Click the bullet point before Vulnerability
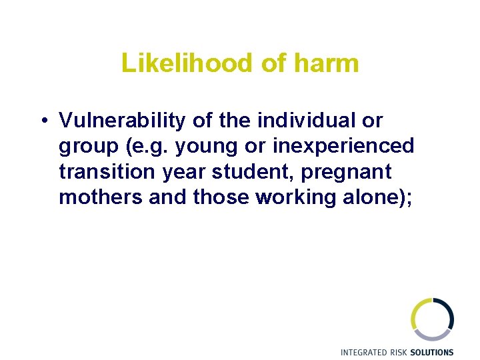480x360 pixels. click(x=42, y=121)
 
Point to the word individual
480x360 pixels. click(x=309, y=121)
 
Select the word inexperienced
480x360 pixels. click(x=343, y=147)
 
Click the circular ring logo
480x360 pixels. click(x=432, y=319)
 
